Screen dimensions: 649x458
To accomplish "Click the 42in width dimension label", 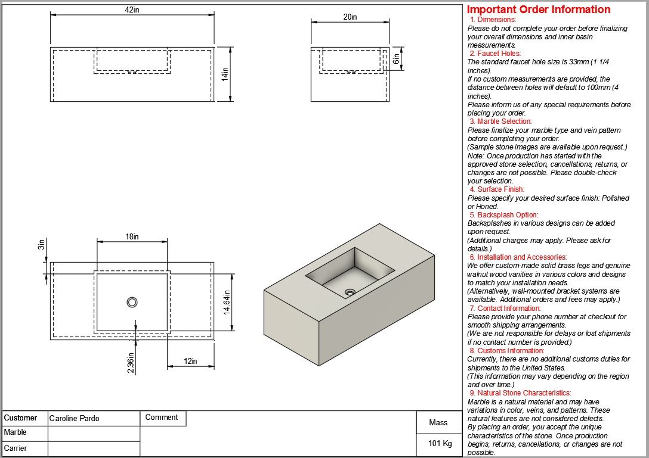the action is point(132,10).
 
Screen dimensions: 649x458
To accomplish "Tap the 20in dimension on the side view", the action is point(350,17).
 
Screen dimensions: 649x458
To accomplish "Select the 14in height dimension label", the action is point(225,74).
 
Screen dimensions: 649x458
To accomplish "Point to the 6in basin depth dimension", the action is point(395,58).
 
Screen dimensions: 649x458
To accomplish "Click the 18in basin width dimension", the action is point(132,236).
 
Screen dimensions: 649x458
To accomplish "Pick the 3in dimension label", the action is point(41,244).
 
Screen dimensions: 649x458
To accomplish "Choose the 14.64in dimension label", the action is point(227,302).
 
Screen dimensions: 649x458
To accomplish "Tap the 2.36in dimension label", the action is point(131,363).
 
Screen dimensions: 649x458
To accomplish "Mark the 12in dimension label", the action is point(190,361).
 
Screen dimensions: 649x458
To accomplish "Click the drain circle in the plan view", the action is point(132,302).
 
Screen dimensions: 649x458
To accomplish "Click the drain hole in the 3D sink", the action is point(350,292).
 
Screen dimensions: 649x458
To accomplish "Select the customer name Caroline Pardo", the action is point(74,418).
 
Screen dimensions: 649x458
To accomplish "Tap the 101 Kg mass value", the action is point(440,444).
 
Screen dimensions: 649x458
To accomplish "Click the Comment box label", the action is point(162,418).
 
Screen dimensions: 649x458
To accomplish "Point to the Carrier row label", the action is point(16,448).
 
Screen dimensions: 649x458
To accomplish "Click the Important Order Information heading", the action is point(539,10).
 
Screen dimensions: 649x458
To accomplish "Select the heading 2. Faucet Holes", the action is point(495,54).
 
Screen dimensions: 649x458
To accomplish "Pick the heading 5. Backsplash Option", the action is point(503,214).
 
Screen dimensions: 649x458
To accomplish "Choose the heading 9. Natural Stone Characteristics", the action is point(520,392).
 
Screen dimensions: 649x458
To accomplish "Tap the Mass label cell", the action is point(438,422).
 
